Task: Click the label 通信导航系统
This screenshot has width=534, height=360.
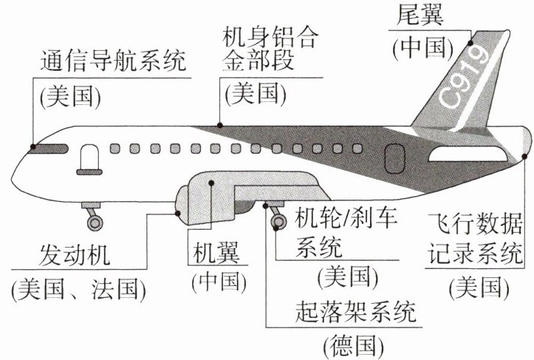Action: click(x=113, y=61)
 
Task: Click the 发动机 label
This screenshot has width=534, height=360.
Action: click(x=75, y=254)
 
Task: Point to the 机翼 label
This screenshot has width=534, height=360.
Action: click(x=216, y=253)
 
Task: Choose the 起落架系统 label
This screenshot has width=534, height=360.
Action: click(x=355, y=312)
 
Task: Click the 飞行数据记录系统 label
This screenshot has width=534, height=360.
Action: click(x=475, y=240)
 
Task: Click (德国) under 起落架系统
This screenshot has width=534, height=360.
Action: click(x=354, y=346)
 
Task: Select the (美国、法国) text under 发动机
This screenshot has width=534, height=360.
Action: click(x=78, y=289)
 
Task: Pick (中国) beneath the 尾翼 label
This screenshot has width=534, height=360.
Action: click(x=423, y=48)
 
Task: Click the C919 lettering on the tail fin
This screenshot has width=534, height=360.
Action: click(x=465, y=78)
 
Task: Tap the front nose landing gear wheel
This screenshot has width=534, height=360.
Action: click(x=95, y=223)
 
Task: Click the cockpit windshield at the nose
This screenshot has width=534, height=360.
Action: click(x=49, y=149)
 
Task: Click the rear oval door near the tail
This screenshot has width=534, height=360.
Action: click(x=394, y=158)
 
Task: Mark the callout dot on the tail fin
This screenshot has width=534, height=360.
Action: click(x=470, y=43)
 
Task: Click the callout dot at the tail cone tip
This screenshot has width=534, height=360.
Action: click(x=524, y=156)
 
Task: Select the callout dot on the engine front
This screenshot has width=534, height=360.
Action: click(x=177, y=214)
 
